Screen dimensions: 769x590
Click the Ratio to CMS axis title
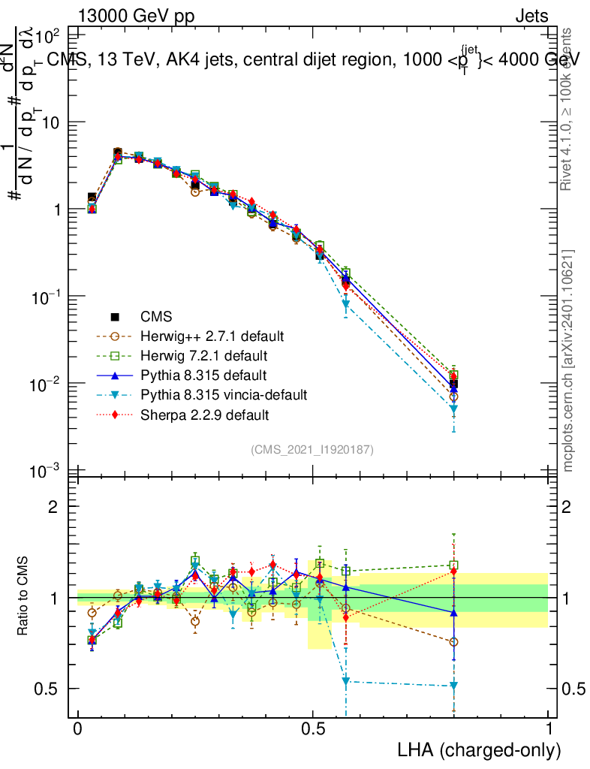pyautogui.click(x=23, y=593)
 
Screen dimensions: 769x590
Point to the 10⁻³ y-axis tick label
pyautogui.click(x=47, y=471)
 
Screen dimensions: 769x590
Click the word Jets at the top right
pyautogui.click(x=531, y=16)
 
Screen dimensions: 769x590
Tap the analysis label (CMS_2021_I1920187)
pyautogui.click(x=312, y=449)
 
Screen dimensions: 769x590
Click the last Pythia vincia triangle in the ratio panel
pyautogui.click(x=454, y=686)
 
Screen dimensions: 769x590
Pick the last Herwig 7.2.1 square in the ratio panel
pyautogui.click(x=454, y=565)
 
